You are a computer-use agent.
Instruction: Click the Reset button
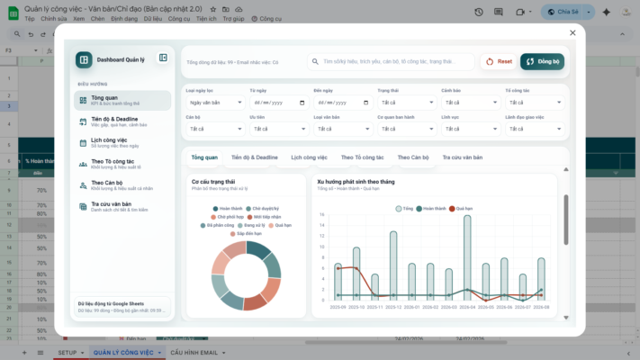[x=498, y=61]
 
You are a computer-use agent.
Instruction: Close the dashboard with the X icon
[x=572, y=32]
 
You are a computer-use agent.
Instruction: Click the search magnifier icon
[x=316, y=62]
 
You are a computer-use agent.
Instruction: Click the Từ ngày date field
[x=277, y=103]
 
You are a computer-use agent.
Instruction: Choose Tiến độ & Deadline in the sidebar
[x=122, y=121]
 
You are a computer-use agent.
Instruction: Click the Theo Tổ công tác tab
[x=363, y=157]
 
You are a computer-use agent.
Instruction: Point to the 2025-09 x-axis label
[x=338, y=307]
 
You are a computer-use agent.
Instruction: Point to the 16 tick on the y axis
[x=322, y=214]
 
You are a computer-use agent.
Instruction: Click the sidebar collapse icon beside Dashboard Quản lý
[x=163, y=58]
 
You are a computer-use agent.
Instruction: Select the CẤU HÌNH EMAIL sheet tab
[x=194, y=352]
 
